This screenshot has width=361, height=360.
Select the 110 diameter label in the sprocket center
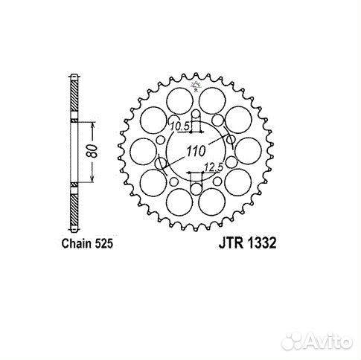194,152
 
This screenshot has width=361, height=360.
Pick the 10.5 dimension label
179,124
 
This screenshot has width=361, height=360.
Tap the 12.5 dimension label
214,168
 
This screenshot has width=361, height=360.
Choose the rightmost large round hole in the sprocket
249,152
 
